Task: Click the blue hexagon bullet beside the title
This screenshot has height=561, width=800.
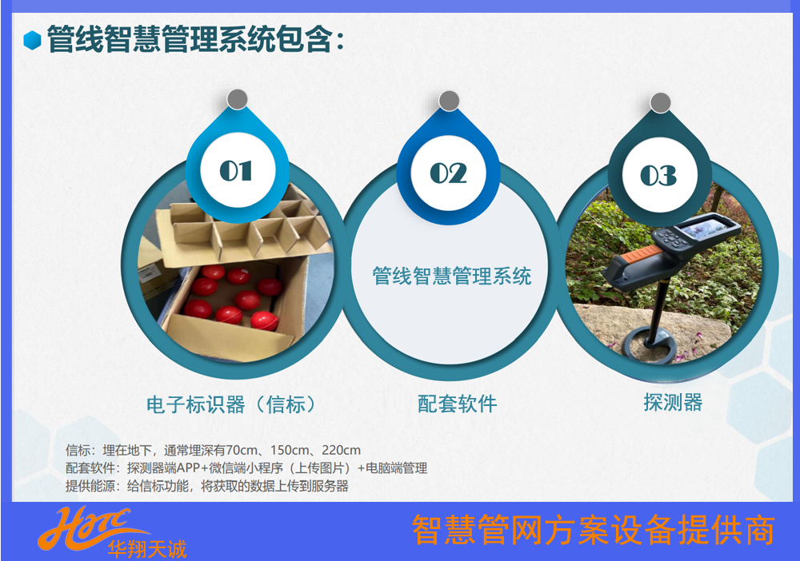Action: pyautogui.click(x=32, y=40)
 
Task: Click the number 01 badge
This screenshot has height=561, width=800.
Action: pyautogui.click(x=238, y=170)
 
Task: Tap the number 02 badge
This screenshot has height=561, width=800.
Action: pyautogui.click(x=449, y=173)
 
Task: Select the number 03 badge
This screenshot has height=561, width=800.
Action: pyautogui.click(x=660, y=175)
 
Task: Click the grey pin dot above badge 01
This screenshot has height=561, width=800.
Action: pyautogui.click(x=238, y=99)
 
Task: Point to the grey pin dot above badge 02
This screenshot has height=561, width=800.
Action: pyautogui.click(x=449, y=101)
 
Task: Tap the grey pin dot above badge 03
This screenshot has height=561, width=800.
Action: pyautogui.click(x=660, y=103)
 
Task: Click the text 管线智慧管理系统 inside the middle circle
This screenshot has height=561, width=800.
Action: pyautogui.click(x=451, y=276)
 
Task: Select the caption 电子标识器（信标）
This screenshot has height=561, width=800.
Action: pyautogui.click(x=232, y=404)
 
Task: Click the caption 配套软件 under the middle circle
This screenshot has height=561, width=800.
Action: pyautogui.click(x=457, y=404)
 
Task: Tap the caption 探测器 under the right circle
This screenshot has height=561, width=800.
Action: pyautogui.click(x=673, y=402)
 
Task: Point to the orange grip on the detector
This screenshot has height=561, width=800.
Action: pyautogui.click(x=644, y=253)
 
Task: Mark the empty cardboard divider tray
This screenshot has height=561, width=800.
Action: pyautogui.click(x=242, y=229)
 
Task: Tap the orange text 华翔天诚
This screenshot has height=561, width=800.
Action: pyautogui.click(x=147, y=549)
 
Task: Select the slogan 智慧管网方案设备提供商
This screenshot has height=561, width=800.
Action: pyautogui.click(x=594, y=530)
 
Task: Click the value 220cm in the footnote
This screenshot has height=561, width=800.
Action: pyautogui.click(x=342, y=450)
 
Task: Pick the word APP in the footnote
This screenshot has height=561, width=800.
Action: pyautogui.click(x=188, y=467)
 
